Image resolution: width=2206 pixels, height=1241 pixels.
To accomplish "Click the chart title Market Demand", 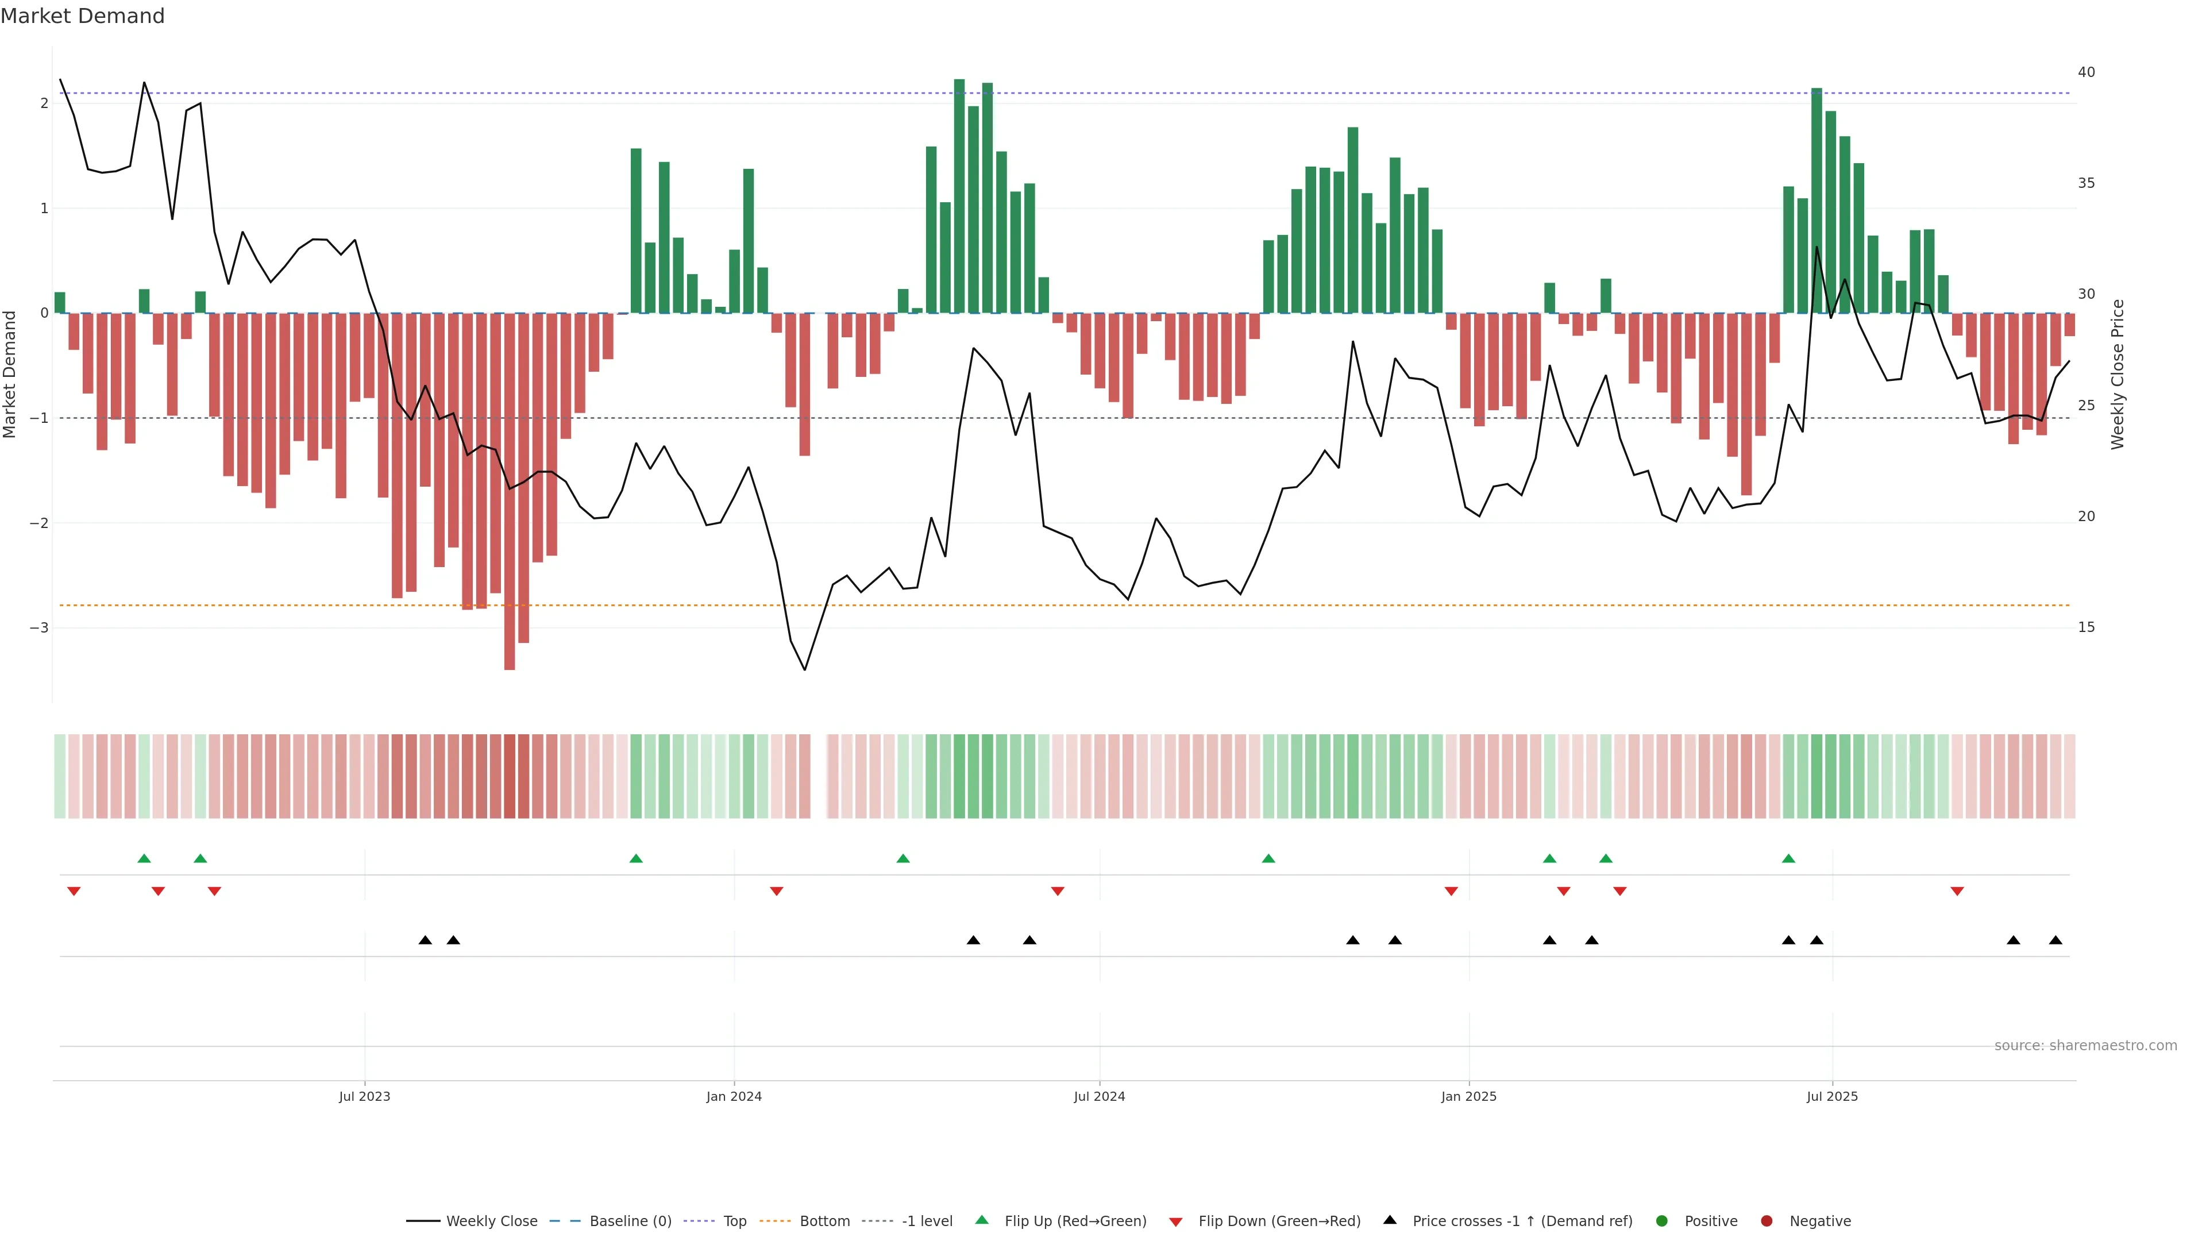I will point(82,16).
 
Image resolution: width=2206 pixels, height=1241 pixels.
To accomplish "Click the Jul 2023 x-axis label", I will point(364,1096).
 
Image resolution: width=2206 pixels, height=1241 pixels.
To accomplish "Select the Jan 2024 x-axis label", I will point(734,1096).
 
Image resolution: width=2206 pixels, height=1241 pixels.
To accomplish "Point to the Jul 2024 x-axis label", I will point(1100,1096).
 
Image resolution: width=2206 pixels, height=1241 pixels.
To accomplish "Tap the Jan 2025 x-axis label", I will point(1469,1096).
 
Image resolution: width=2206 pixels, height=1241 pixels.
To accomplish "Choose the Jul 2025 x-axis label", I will point(1832,1096).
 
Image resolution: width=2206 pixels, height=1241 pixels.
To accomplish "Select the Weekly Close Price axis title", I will point(2118,374).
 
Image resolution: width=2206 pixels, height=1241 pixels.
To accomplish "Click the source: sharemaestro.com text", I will point(2085,1046).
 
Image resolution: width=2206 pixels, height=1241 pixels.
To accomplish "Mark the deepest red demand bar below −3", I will point(510,492).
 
